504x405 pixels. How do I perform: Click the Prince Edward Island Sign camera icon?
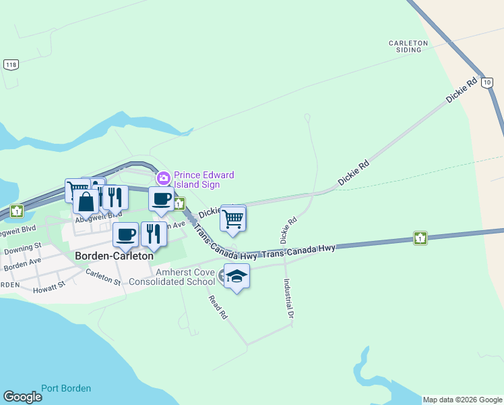(x=163, y=178)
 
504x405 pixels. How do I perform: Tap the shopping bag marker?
(x=86, y=201)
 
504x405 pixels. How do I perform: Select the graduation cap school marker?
(x=237, y=276)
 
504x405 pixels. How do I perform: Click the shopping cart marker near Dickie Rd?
(x=232, y=218)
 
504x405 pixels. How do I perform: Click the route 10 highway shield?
(x=488, y=81)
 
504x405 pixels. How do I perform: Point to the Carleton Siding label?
(x=408, y=47)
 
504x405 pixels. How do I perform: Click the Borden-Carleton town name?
(x=114, y=256)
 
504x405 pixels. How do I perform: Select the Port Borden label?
(x=66, y=388)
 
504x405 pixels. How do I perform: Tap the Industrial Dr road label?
(x=288, y=298)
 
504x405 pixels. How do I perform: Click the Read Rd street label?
(x=218, y=307)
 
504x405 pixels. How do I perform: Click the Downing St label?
(x=23, y=248)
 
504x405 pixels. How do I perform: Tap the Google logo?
(x=22, y=396)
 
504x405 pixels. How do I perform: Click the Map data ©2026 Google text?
(x=462, y=400)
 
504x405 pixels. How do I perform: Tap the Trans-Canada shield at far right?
(x=420, y=238)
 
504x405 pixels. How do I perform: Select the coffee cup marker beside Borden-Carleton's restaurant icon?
(x=125, y=234)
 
